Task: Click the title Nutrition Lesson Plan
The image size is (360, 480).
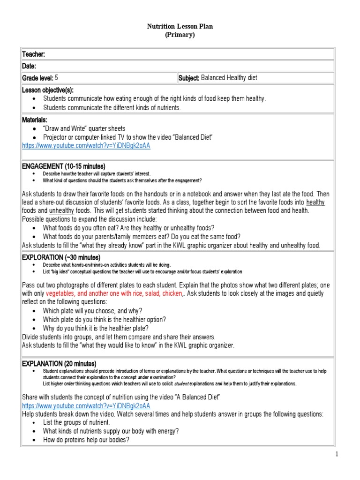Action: (x=180, y=26)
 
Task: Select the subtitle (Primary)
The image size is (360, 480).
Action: (x=180, y=35)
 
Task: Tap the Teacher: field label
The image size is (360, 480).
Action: (x=34, y=55)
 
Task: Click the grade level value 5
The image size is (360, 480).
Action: (x=56, y=78)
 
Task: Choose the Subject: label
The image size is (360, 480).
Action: (x=189, y=78)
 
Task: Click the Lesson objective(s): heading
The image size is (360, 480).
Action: (x=48, y=90)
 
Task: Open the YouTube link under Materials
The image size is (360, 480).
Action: (x=86, y=146)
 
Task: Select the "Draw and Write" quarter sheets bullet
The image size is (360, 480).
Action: (x=84, y=128)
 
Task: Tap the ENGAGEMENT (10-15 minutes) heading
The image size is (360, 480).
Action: (x=64, y=166)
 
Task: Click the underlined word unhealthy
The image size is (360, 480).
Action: (x=61, y=211)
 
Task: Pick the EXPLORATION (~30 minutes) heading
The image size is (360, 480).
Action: (x=61, y=257)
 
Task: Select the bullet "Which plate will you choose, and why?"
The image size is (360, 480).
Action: (x=92, y=311)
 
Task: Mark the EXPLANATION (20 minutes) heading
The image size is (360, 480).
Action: (x=59, y=364)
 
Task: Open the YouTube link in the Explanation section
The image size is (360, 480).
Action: (x=86, y=405)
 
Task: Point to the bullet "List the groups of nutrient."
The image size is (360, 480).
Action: (x=76, y=422)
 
